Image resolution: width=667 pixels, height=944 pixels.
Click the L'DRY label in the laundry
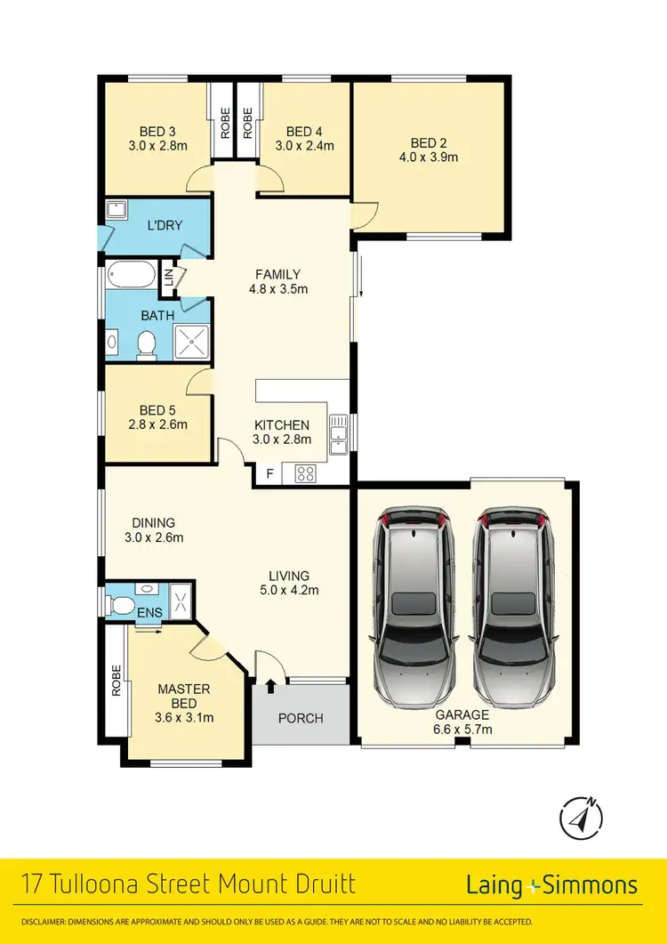[x=165, y=225]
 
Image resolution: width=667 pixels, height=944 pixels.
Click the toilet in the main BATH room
[x=148, y=344]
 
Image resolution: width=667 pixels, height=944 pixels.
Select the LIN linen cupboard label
[x=166, y=278]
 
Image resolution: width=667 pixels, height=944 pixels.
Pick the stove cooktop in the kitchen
[x=305, y=474]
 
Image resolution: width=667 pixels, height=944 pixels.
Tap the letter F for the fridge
[x=269, y=474]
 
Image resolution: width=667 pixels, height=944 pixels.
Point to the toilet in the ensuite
[x=121, y=606]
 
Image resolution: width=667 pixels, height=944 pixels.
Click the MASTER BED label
[x=184, y=697]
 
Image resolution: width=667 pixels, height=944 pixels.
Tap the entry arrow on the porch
[x=270, y=687]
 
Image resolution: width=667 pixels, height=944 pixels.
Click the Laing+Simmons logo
[x=551, y=884]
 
